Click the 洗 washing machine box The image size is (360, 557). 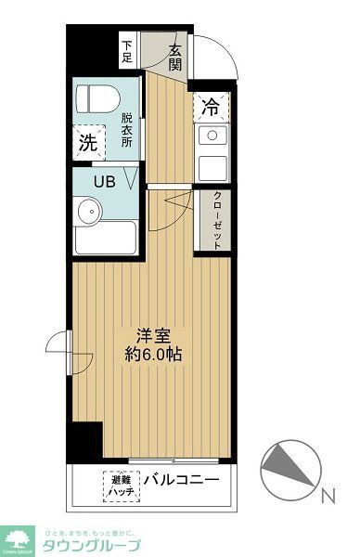[88, 143]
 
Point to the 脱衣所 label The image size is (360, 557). [127, 130]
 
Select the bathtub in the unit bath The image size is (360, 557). [105, 240]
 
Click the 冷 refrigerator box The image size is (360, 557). [211, 107]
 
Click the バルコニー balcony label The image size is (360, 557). [181, 481]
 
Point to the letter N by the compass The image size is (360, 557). [328, 497]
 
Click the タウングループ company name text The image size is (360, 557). [91, 544]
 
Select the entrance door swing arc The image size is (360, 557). [223, 56]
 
